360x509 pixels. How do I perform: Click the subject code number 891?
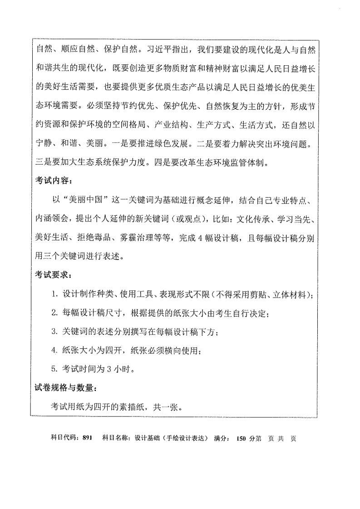tap(88, 438)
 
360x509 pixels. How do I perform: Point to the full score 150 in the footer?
tap(241, 438)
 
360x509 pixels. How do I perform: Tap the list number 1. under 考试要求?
tap(54, 295)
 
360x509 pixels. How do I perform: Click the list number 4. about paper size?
tap(54, 350)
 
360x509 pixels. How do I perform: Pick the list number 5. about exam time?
tap(54, 369)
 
